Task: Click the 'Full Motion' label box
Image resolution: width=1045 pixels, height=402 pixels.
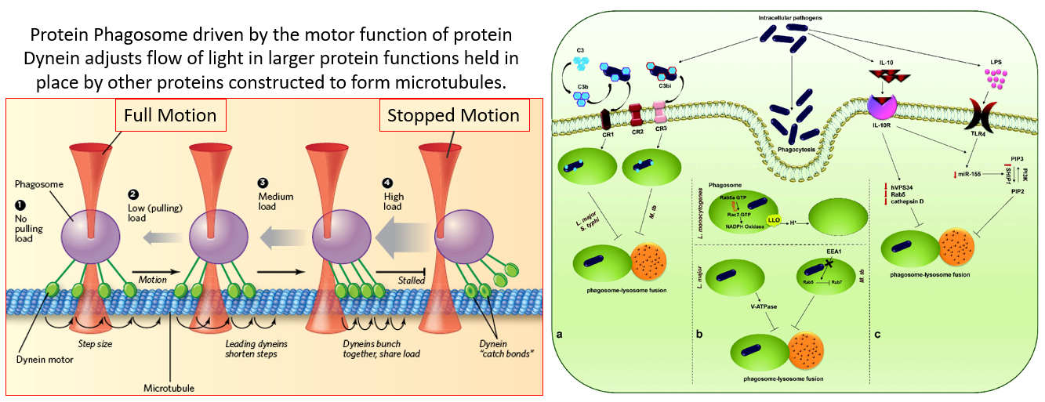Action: point(172,115)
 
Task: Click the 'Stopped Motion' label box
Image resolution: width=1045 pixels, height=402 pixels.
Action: point(452,115)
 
